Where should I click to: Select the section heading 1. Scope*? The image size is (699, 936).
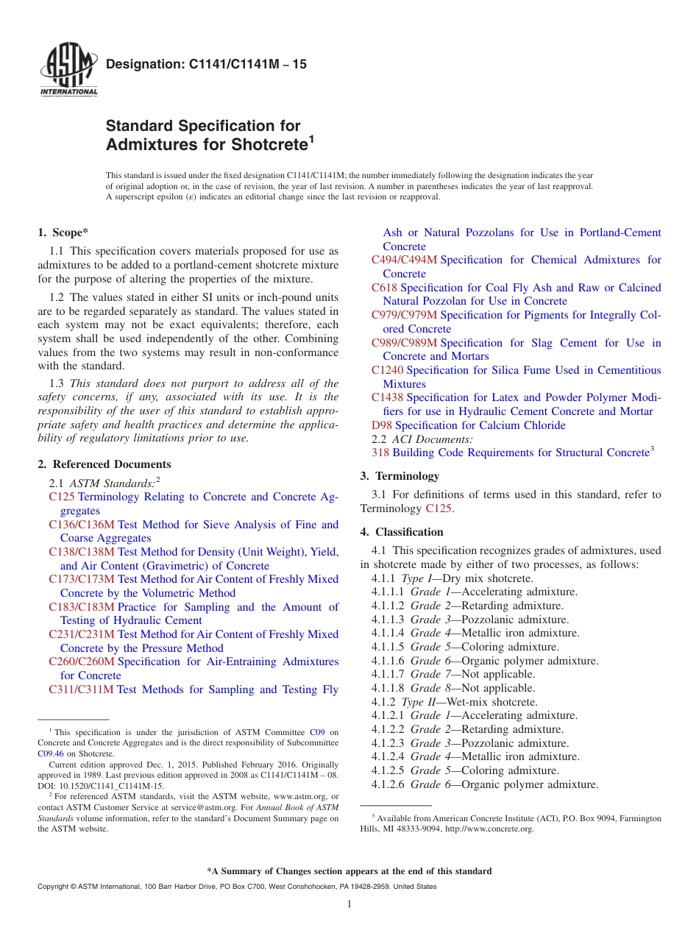63,233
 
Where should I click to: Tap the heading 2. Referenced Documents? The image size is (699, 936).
104,464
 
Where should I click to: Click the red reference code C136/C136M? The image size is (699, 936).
82,525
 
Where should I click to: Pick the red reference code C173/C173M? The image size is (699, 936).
82,579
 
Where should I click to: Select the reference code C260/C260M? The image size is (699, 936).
82,662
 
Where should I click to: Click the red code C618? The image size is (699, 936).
384,288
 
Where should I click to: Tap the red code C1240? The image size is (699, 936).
387,370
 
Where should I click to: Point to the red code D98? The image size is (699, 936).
382,425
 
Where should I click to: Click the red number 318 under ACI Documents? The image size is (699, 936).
380,453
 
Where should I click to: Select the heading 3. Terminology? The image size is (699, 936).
400,476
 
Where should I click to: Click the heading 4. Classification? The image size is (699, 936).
402,532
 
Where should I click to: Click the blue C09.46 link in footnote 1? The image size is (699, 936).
50,754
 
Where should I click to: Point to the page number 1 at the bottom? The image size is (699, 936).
349,904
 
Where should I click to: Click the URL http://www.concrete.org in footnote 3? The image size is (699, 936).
489,829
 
